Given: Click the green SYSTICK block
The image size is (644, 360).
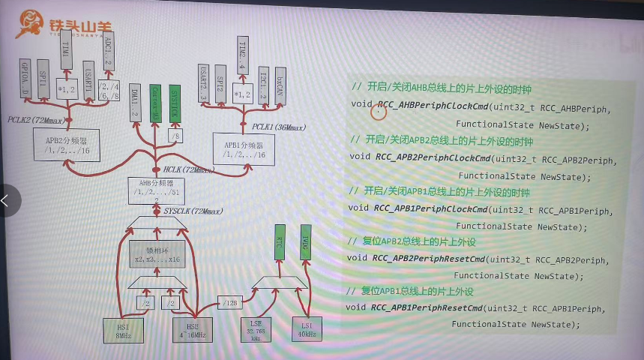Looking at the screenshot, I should (175, 103).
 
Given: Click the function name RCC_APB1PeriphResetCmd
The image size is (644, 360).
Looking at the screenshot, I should (427, 307).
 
